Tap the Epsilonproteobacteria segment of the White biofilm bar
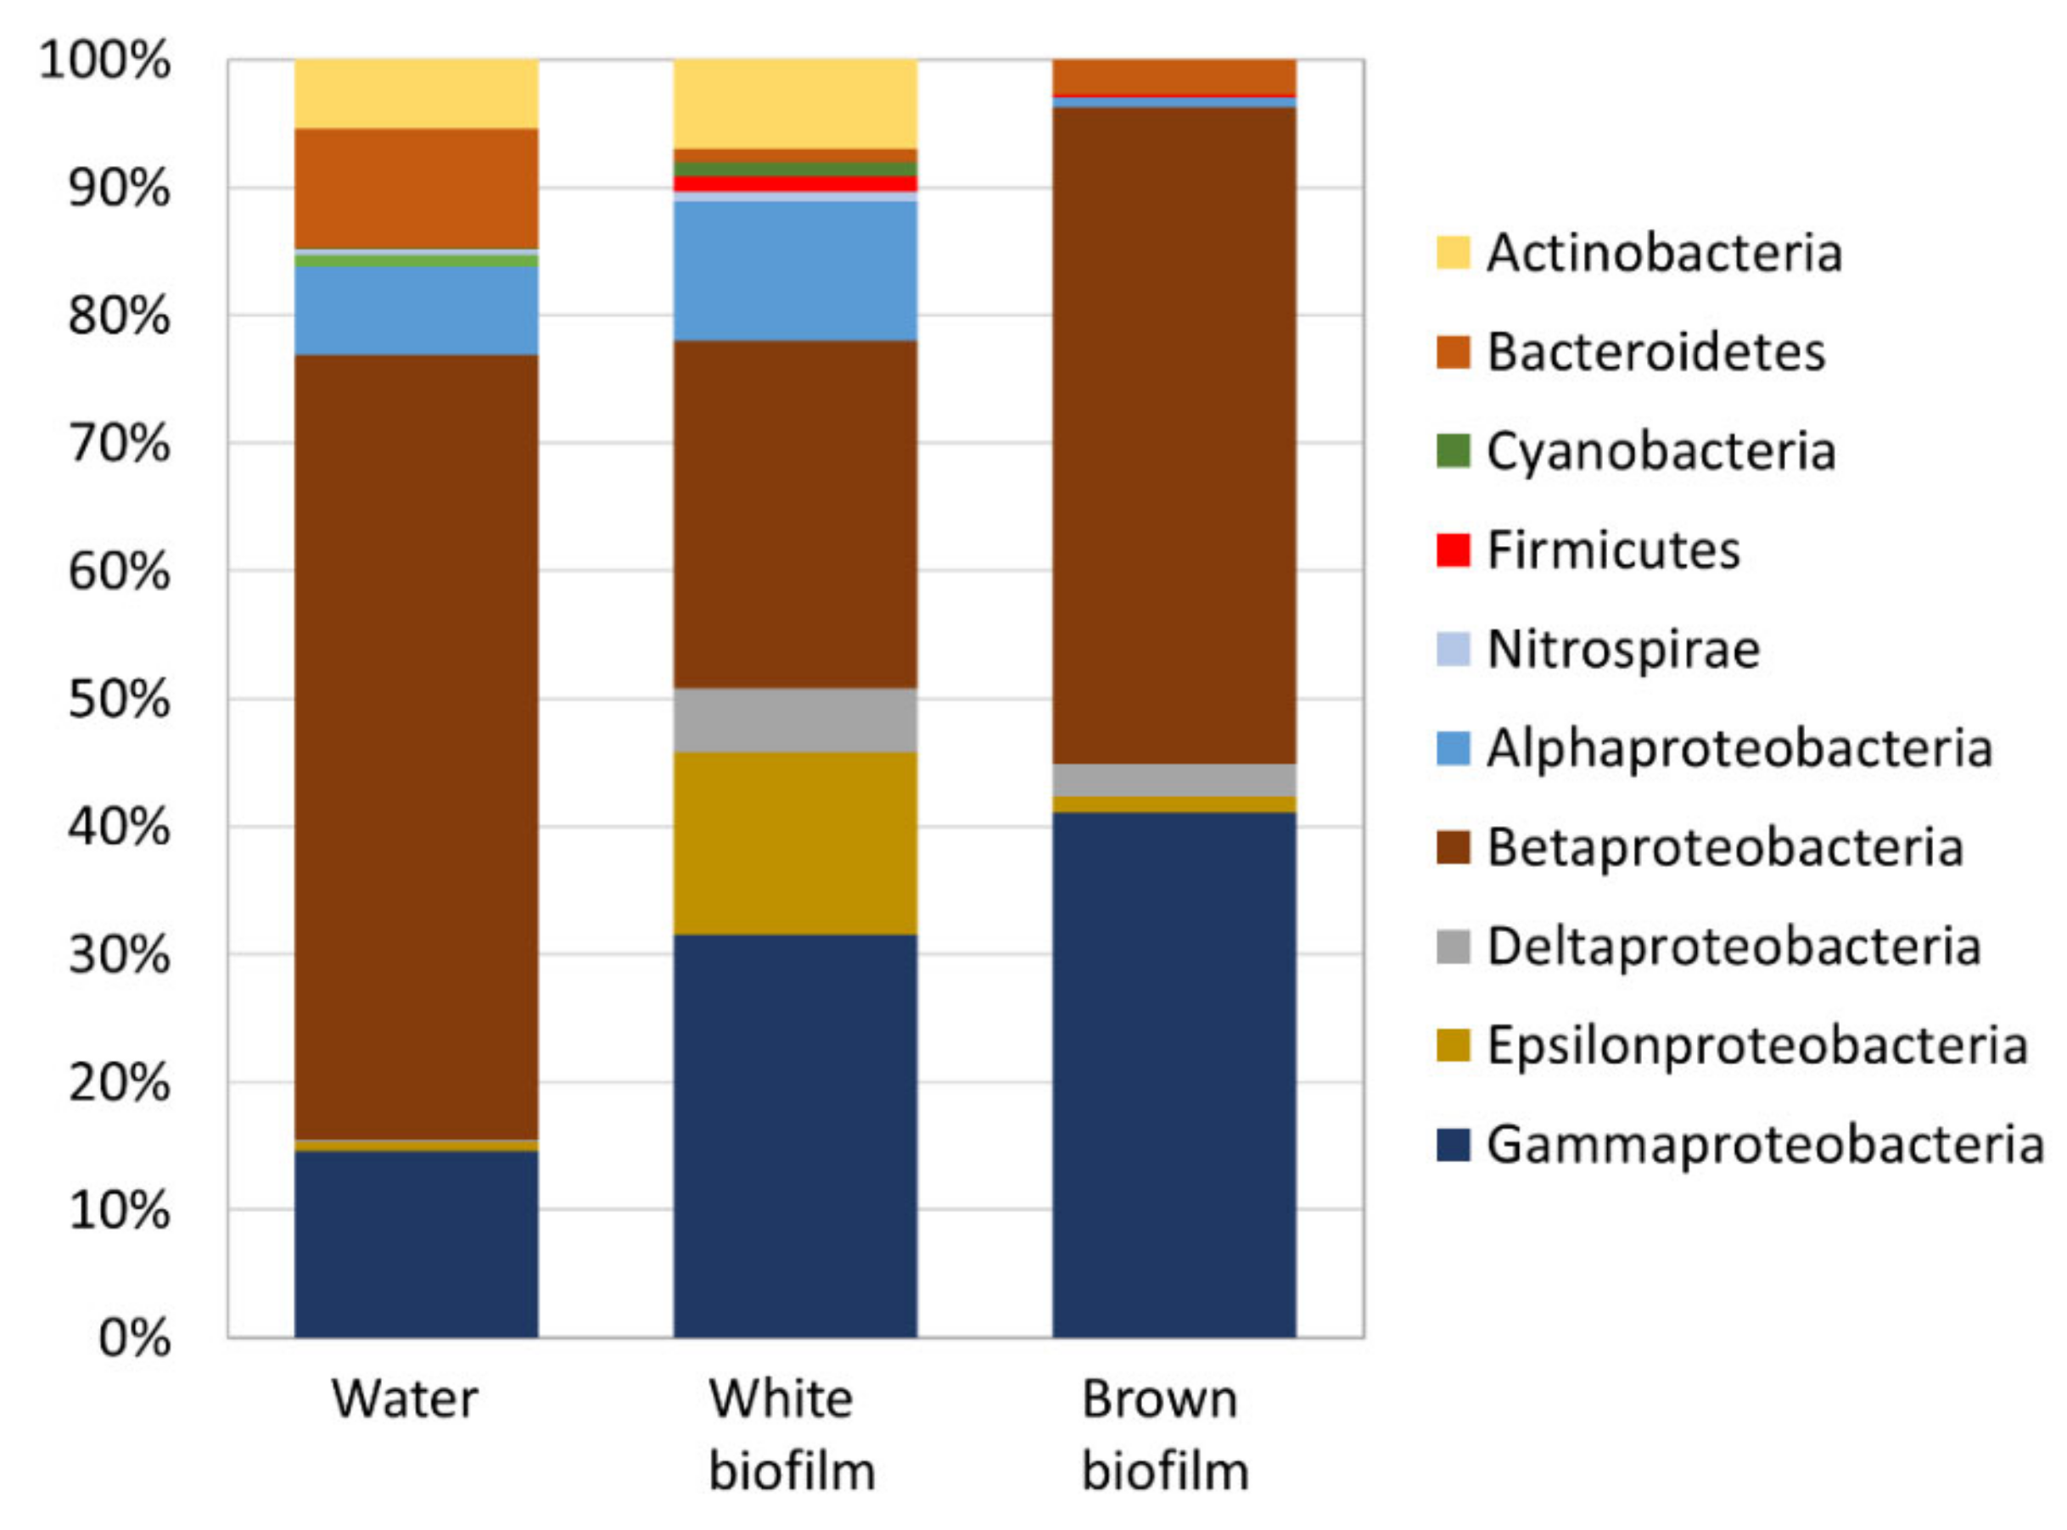pyautogui.click(x=795, y=843)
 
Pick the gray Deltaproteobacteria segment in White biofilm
pyautogui.click(x=795, y=719)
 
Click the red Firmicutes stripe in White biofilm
pyautogui.click(x=795, y=183)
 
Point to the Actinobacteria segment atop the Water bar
pyautogui.click(x=416, y=93)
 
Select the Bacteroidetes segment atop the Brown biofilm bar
pyautogui.click(x=1174, y=76)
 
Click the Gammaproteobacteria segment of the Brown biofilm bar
pyautogui.click(x=1174, y=1075)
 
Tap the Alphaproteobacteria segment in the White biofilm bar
pyautogui.click(x=795, y=271)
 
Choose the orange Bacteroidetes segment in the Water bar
pyautogui.click(x=416, y=188)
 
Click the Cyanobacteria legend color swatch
pyautogui.click(x=1453, y=451)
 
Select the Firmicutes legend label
pyautogui.click(x=1613, y=550)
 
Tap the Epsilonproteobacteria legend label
pyautogui.click(x=1756, y=1046)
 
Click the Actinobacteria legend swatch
pyautogui.click(x=1453, y=253)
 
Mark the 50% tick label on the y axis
pyautogui.click(x=119, y=699)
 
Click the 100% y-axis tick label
pyautogui.click(x=104, y=61)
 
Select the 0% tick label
pyautogui.click(x=133, y=1337)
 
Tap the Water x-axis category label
pyautogui.click(x=405, y=1399)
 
